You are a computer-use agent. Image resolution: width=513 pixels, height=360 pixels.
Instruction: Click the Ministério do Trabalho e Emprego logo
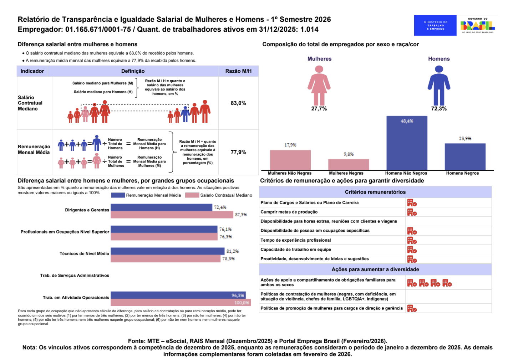click(x=435, y=25)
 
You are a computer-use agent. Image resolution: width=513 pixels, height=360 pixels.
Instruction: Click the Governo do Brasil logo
click(x=477, y=25)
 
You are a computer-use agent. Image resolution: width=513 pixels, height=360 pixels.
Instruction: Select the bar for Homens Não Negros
click(x=407, y=143)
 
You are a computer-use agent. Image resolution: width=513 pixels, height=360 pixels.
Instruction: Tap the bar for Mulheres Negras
click(x=349, y=164)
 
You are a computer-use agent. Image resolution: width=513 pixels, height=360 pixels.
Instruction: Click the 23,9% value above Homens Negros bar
click(x=465, y=138)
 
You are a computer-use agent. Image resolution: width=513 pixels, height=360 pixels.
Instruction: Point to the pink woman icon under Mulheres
click(x=319, y=85)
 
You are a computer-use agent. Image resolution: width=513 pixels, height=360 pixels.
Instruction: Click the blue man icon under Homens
click(x=439, y=85)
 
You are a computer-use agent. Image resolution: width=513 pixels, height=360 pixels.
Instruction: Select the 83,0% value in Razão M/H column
click(x=238, y=103)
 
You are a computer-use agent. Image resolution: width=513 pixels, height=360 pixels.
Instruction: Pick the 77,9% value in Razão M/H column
click(x=238, y=152)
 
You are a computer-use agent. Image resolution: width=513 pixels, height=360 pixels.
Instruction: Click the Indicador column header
click(x=32, y=71)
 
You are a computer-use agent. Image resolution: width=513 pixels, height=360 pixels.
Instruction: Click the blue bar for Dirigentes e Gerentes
click(x=161, y=207)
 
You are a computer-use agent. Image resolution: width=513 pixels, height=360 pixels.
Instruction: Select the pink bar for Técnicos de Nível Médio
click(x=166, y=259)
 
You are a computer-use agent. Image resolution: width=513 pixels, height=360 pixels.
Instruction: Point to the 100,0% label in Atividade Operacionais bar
click(x=242, y=303)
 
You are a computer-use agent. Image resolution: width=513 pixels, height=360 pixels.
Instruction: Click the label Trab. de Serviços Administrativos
click(x=75, y=276)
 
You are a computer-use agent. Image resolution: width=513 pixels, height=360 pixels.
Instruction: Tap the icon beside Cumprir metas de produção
click(x=412, y=212)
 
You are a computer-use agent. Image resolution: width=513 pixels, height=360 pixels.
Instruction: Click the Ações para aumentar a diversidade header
click(x=375, y=269)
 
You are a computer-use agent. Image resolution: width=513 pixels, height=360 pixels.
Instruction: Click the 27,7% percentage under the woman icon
click(x=319, y=109)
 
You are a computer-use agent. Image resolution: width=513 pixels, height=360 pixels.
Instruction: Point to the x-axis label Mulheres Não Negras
click(x=290, y=173)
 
